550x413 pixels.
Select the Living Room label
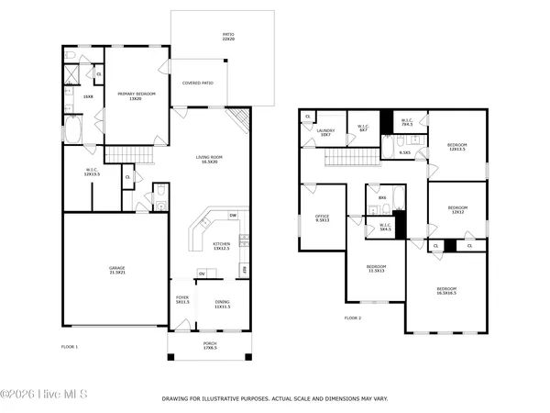coord(210,159)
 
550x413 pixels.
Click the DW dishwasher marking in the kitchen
coord(233,216)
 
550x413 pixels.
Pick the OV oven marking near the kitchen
coord(201,273)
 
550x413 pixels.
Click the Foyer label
coord(182,301)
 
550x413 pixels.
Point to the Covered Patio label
coord(198,84)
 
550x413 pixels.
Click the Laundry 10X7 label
coord(325,132)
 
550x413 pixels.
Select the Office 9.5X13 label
coord(323,218)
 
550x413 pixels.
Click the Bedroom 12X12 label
coord(457,210)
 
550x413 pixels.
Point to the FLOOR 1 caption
coord(70,347)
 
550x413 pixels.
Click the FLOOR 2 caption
coord(353,318)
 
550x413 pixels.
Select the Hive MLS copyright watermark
coord(44,395)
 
